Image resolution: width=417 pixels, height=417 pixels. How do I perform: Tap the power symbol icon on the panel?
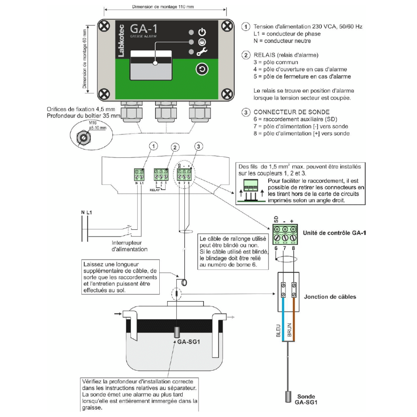point(202,32)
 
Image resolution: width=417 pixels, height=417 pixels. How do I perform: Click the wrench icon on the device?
point(202,52)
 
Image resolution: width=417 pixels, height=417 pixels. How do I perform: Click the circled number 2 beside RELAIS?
point(246,55)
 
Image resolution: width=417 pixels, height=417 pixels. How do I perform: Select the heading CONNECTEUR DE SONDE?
point(291,112)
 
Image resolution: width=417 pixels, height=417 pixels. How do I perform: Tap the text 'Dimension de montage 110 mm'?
point(163,7)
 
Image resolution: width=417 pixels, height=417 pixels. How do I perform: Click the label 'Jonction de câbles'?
point(330,297)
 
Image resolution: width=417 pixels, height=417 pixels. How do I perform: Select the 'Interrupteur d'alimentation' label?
point(129,246)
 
